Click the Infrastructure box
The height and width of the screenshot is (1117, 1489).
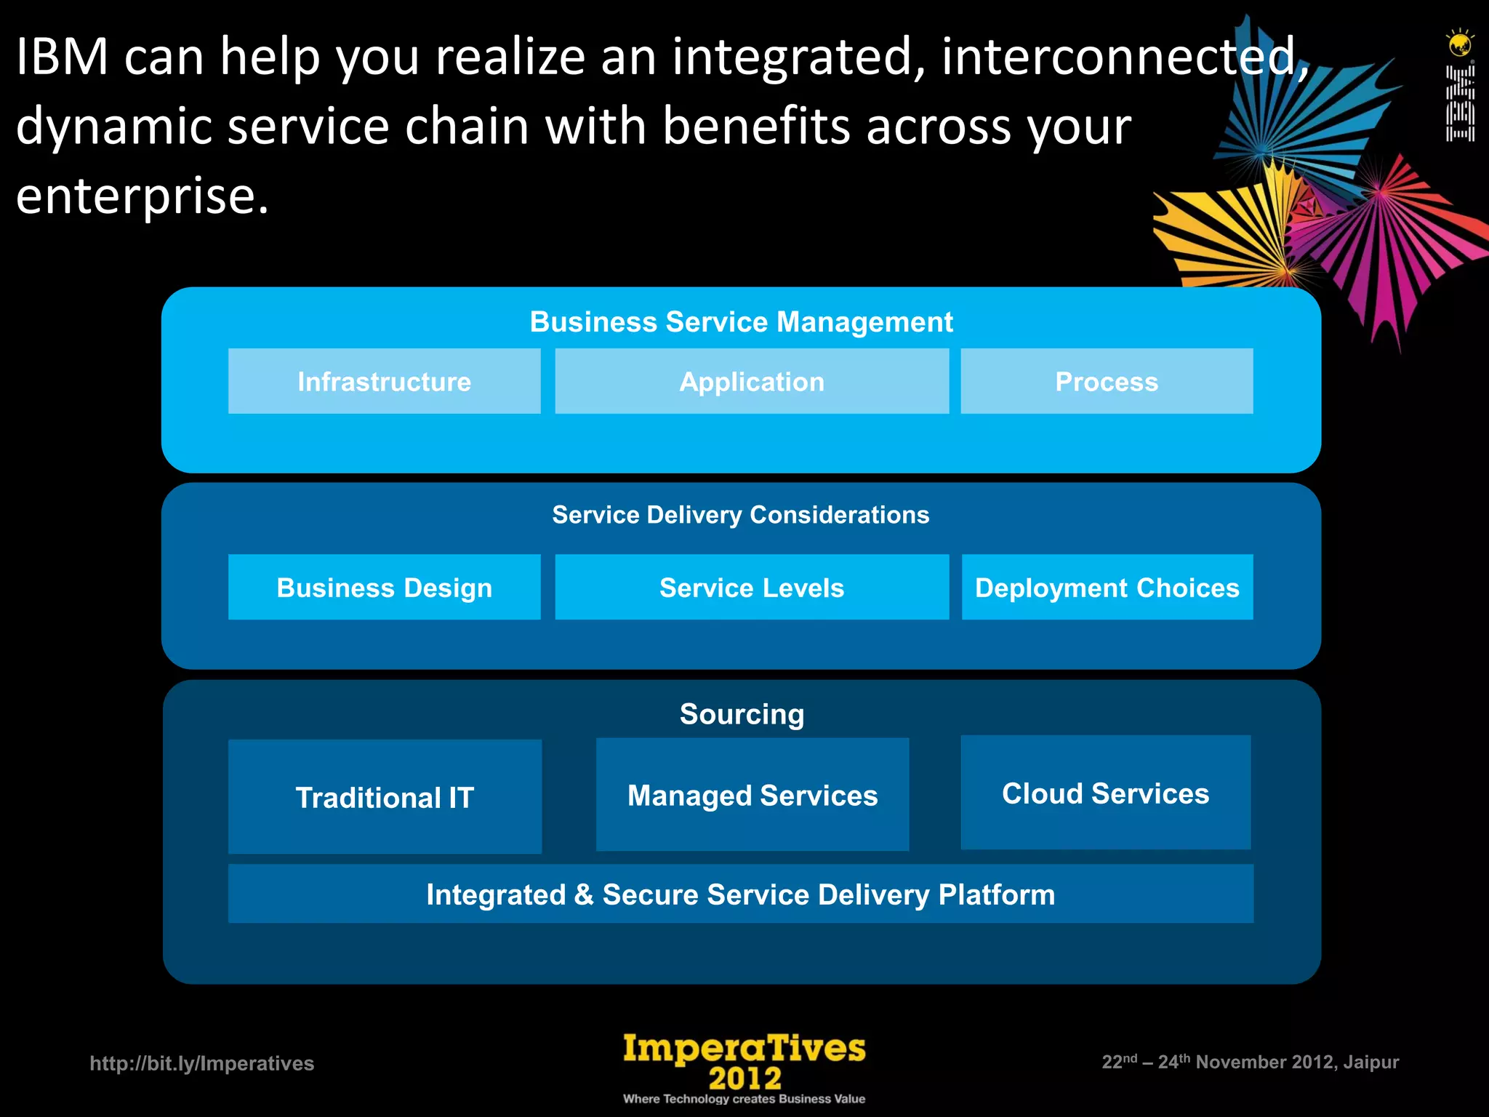[384, 381]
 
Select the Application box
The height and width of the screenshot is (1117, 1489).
[752, 381]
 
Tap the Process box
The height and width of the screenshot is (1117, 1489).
[1107, 381]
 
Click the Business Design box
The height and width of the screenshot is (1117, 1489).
[384, 587]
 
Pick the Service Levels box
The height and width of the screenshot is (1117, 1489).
[752, 587]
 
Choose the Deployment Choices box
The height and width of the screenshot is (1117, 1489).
[1107, 587]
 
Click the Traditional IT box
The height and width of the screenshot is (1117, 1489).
[384, 797]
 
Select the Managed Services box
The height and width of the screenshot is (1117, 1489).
[752, 795]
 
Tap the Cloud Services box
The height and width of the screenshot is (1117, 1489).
[1105, 793]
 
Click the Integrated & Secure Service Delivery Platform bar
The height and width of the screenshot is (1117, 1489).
[740, 894]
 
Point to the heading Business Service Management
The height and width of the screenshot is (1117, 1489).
[740, 321]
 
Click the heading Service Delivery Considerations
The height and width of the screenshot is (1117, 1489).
[740, 514]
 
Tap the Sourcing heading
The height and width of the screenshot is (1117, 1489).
[742, 713]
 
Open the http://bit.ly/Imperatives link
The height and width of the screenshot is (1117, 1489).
[201, 1063]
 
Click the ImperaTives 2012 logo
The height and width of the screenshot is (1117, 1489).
[744, 1060]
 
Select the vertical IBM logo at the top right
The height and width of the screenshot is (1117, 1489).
[1459, 102]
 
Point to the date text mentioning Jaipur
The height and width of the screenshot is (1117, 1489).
[1250, 1062]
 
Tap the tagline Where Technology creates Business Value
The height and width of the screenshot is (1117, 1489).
[744, 1099]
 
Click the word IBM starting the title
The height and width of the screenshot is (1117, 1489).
[62, 56]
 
